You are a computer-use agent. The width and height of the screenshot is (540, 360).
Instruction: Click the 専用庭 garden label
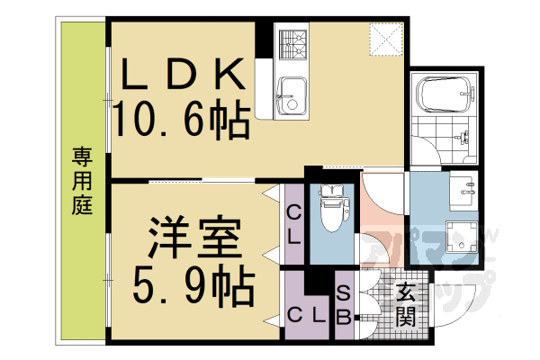pyautogui.click(x=82, y=180)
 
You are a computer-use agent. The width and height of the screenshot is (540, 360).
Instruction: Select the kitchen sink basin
pyautogui.click(x=290, y=94)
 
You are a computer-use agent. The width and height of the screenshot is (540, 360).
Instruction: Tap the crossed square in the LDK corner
pyautogui.click(x=389, y=38)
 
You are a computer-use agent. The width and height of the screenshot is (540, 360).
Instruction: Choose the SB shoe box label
pyautogui.click(x=345, y=306)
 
